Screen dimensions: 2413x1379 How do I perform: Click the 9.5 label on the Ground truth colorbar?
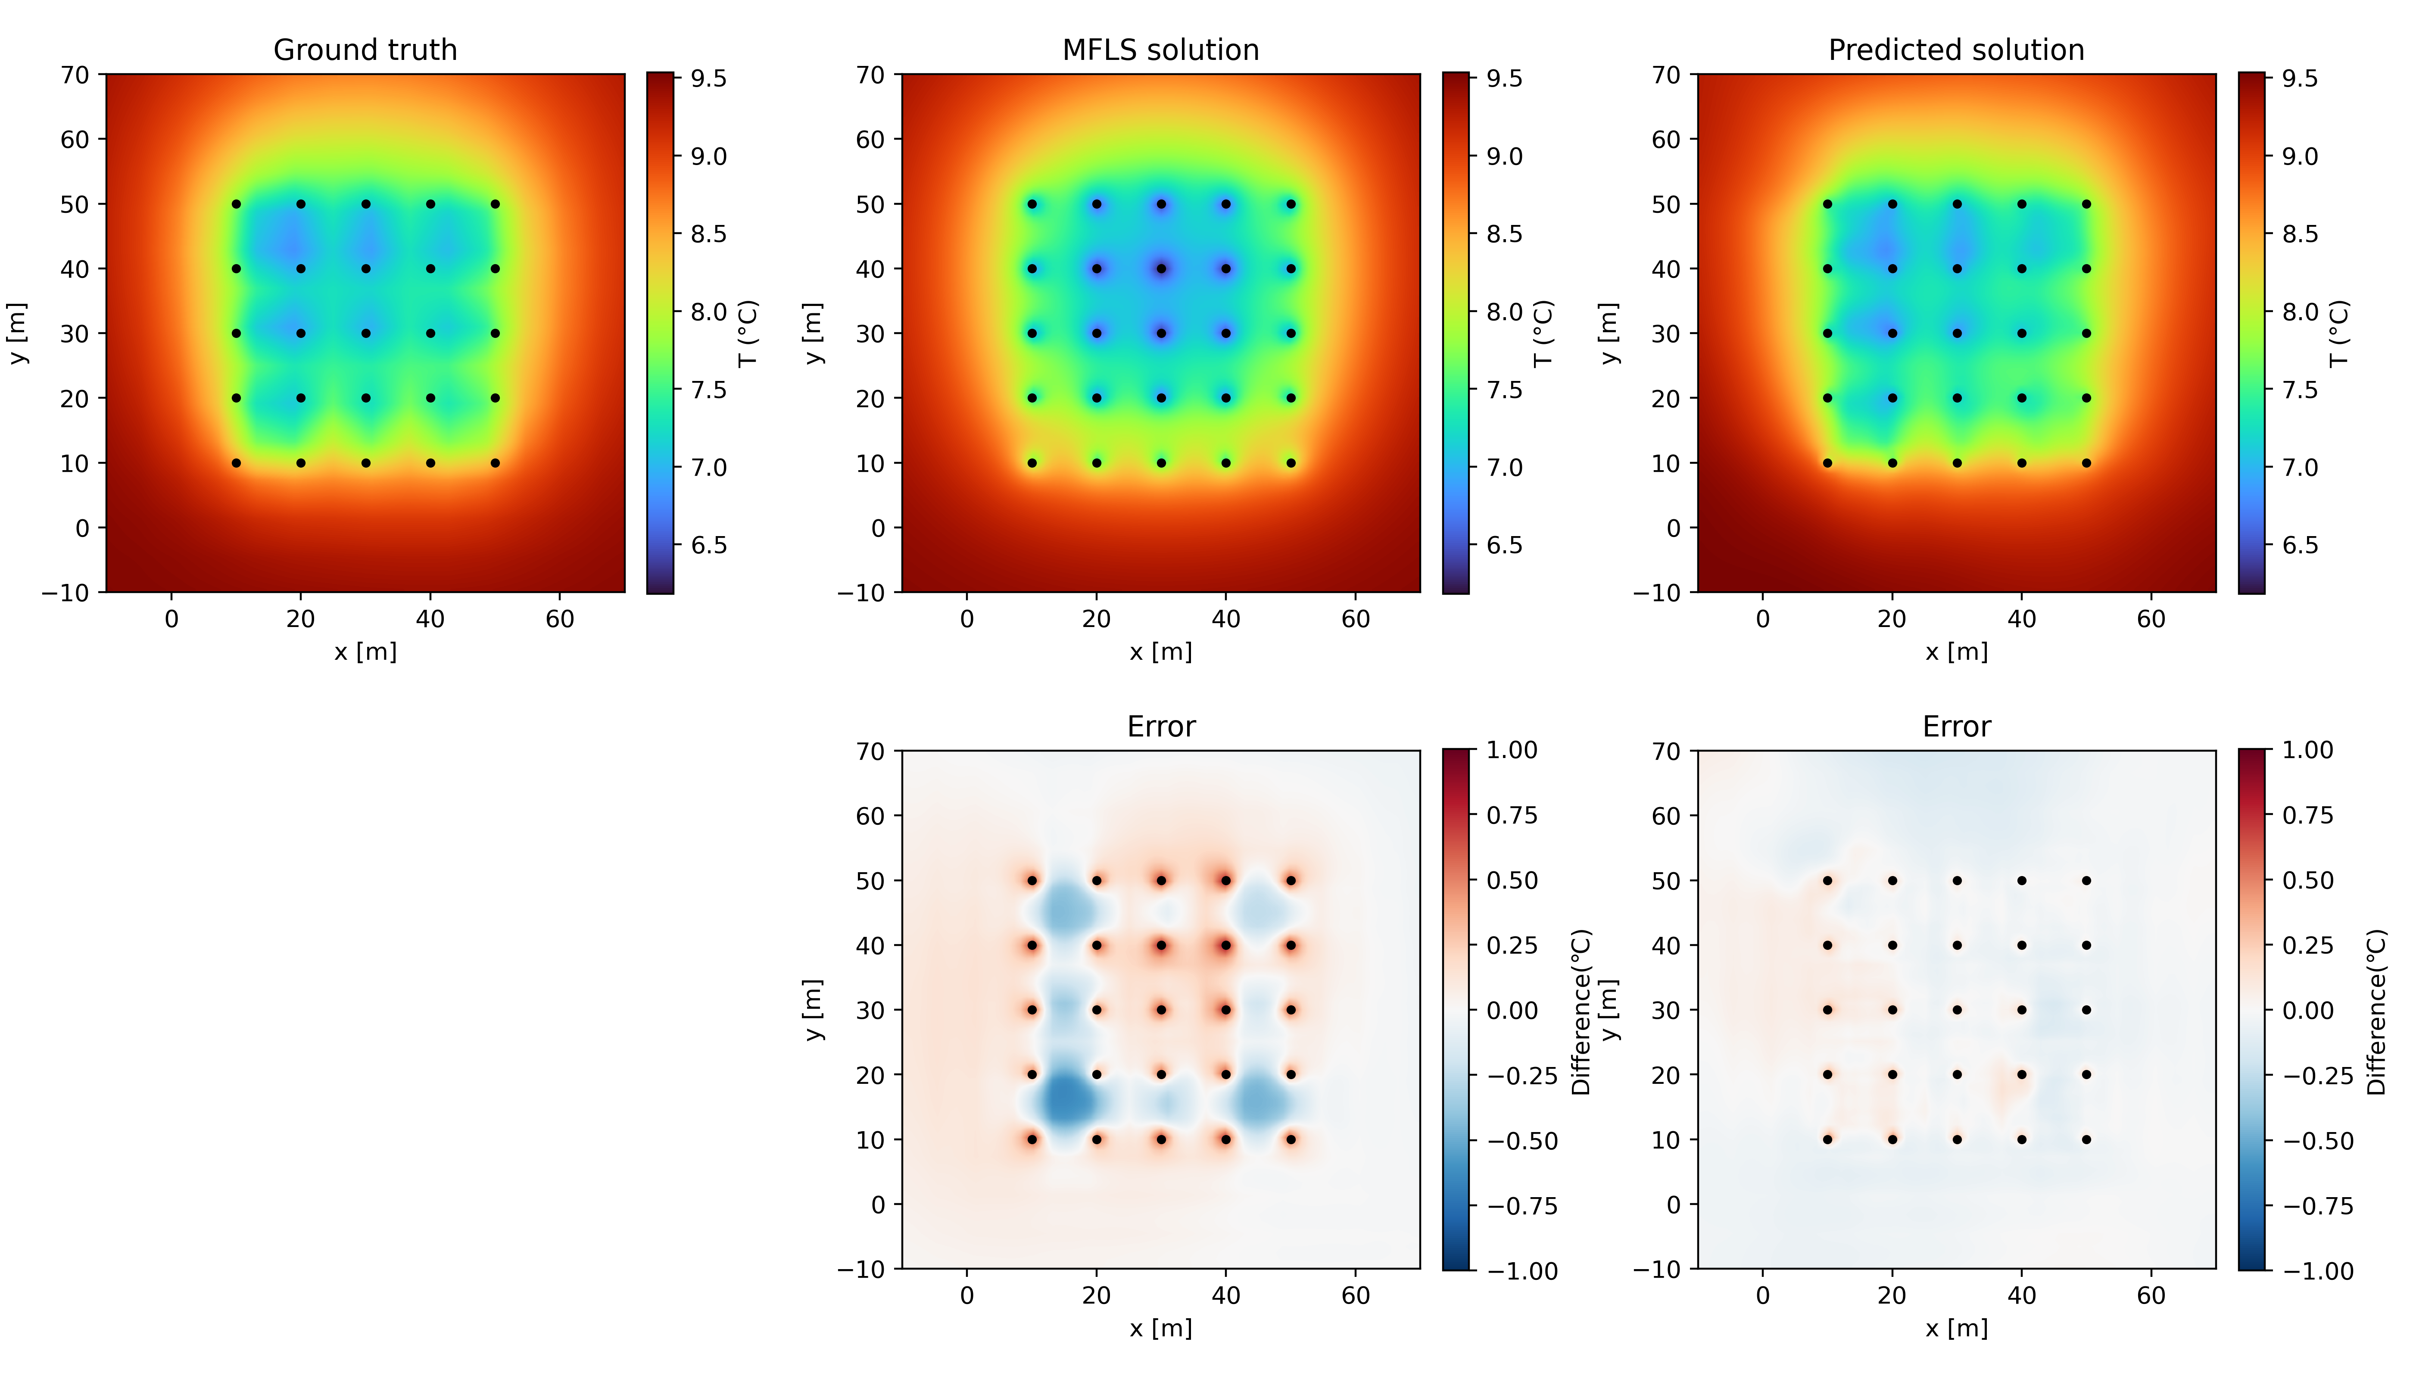tap(708, 78)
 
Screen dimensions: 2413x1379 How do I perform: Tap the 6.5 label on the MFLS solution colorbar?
tap(1504, 546)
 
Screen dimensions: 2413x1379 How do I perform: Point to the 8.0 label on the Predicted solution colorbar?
tap(2299, 312)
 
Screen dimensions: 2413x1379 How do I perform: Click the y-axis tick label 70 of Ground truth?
tap(76, 75)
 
